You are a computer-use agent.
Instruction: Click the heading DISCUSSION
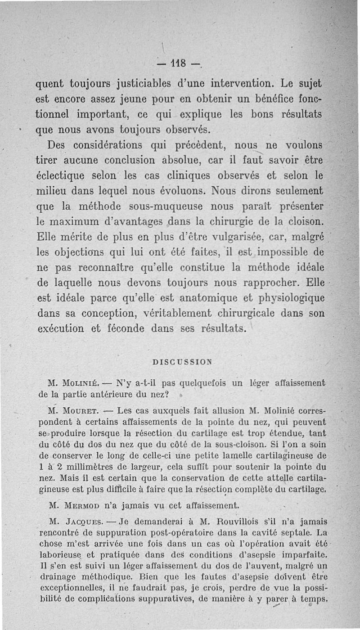[183, 361]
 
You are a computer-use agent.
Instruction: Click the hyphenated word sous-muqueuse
[171, 207]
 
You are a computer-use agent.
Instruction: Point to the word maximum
[83, 222]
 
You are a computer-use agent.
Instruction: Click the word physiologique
[291, 299]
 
